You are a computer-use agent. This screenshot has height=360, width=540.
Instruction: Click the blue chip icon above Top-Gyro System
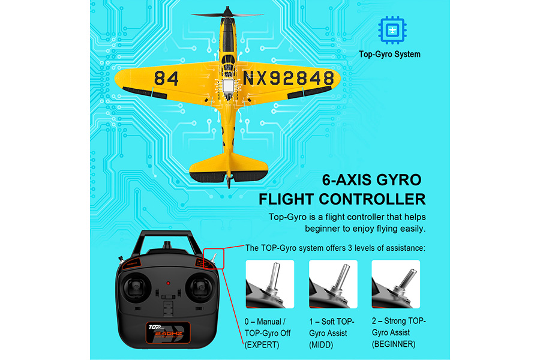click(x=392, y=31)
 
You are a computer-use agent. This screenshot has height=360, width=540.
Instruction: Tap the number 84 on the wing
click(x=166, y=79)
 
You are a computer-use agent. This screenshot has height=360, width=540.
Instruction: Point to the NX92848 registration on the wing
click(x=289, y=79)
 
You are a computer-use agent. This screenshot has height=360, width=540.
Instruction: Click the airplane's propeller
click(x=227, y=14)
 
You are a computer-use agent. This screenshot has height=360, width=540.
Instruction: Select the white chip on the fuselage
click(x=227, y=86)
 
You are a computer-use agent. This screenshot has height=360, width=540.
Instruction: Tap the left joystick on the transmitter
click(x=136, y=287)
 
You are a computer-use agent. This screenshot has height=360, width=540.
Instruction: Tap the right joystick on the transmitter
click(x=200, y=287)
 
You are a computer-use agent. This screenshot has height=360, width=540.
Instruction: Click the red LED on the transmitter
click(x=168, y=283)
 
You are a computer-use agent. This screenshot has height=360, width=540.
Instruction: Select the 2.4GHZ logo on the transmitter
click(x=168, y=334)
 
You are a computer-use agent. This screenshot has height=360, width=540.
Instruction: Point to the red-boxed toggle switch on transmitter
click(x=214, y=259)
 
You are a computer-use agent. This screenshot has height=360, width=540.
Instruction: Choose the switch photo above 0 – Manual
click(x=269, y=284)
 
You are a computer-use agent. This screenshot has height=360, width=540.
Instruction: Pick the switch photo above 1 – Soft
click(x=333, y=284)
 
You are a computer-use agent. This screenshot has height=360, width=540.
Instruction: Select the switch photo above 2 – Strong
click(x=396, y=284)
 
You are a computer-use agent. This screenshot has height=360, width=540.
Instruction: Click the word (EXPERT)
click(x=262, y=345)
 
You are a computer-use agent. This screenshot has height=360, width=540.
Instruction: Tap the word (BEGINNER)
click(x=394, y=344)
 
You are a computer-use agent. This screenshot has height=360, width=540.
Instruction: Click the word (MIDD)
click(x=321, y=345)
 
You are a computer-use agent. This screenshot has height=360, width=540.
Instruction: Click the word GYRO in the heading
click(x=399, y=180)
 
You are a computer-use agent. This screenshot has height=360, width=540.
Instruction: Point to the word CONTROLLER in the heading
click(x=372, y=199)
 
